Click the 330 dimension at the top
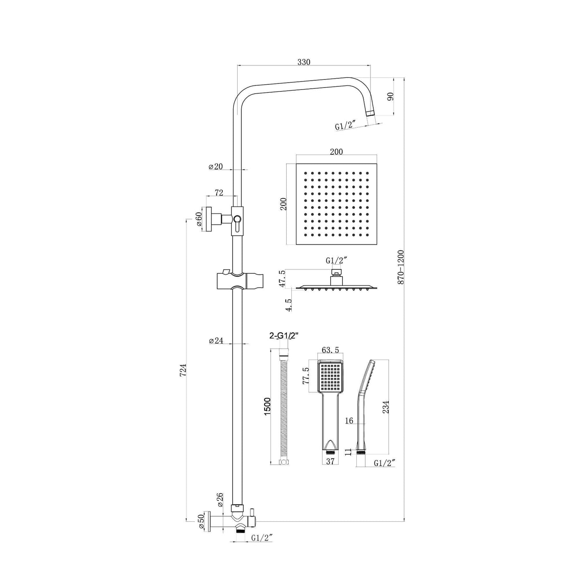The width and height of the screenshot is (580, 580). tap(304, 62)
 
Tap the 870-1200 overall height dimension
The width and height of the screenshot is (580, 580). tap(401, 267)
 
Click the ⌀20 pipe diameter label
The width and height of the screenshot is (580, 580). tap(216, 167)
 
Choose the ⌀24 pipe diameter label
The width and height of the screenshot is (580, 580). tap(216, 341)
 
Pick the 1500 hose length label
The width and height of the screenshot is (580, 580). tap(268, 406)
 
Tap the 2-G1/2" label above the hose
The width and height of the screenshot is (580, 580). tap(285, 336)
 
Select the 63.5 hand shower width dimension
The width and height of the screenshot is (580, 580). tap(330, 350)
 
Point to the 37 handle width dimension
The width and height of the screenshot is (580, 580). tap(330, 462)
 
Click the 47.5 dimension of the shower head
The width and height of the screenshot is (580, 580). tap(283, 278)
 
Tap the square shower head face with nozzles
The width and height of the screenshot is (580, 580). tap(336, 204)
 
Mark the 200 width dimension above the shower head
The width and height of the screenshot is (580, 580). tap(336, 152)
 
